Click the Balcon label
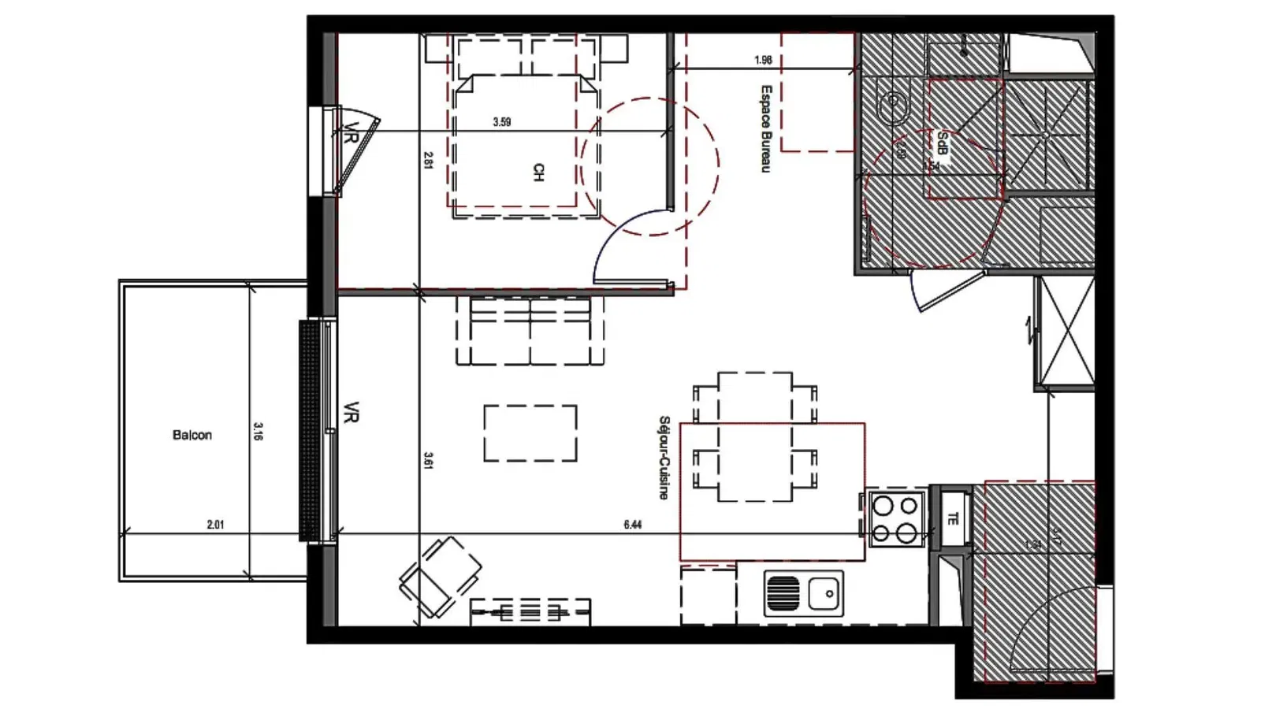pos(192,435)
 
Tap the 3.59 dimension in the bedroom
pos(501,122)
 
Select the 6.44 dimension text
pos(632,524)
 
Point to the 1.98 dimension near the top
pos(762,60)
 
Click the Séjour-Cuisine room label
pos(664,458)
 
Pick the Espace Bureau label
pos(765,128)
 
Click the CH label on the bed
pos(538,173)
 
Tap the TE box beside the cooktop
pos(953,519)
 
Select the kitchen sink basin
pos(825,592)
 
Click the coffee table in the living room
pos(530,432)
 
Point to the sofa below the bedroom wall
pos(530,331)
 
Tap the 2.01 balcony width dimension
pos(215,524)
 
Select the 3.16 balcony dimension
pos(258,431)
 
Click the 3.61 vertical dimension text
pos(428,460)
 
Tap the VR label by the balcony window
pos(352,412)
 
